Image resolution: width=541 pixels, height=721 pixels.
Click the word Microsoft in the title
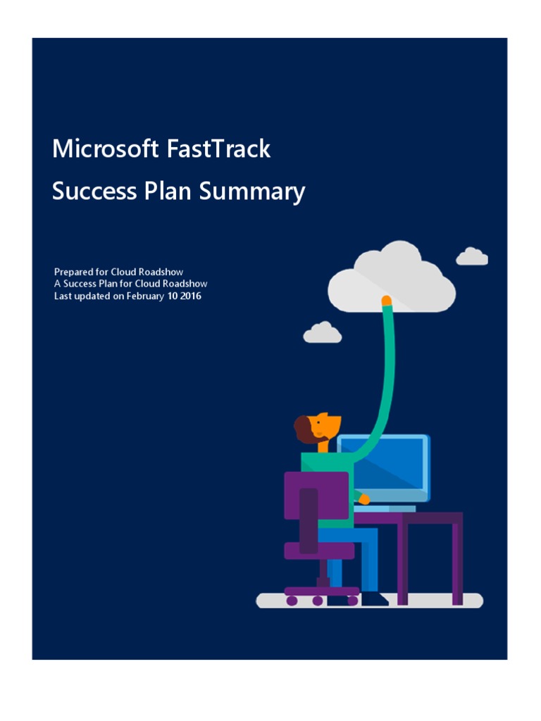point(106,149)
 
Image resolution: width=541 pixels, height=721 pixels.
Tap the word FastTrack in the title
point(219,149)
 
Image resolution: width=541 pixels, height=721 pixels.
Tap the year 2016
point(189,296)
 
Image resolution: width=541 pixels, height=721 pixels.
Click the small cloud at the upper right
point(472,257)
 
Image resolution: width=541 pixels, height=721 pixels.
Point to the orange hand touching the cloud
point(386,301)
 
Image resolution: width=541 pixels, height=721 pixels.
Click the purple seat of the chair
point(318,550)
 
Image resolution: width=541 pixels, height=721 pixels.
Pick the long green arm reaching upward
point(385,380)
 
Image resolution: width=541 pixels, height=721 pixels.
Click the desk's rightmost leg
point(457,563)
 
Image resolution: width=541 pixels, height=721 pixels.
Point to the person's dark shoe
point(374,599)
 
